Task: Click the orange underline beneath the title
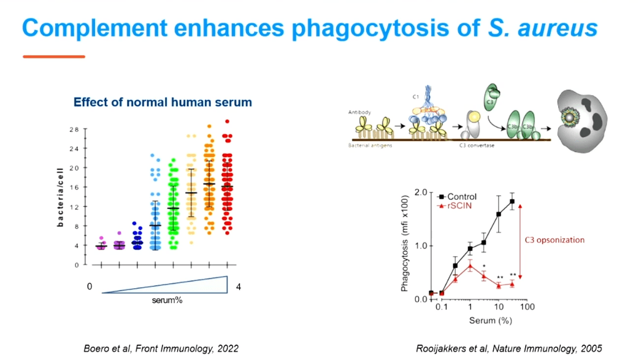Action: pyautogui.click(x=54, y=56)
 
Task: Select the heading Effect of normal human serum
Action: pyautogui.click(x=163, y=102)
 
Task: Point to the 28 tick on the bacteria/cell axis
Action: pyautogui.click(x=74, y=129)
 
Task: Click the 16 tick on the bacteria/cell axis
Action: pyautogui.click(x=74, y=187)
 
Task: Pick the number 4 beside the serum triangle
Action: pyautogui.click(x=238, y=286)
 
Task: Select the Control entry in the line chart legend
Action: pyautogui.click(x=461, y=197)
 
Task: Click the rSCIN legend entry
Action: pyautogui.click(x=458, y=205)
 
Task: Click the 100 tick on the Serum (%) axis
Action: pyautogui.click(x=527, y=306)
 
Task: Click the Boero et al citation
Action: pyautogui.click(x=161, y=348)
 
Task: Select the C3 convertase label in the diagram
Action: pyautogui.click(x=477, y=145)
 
